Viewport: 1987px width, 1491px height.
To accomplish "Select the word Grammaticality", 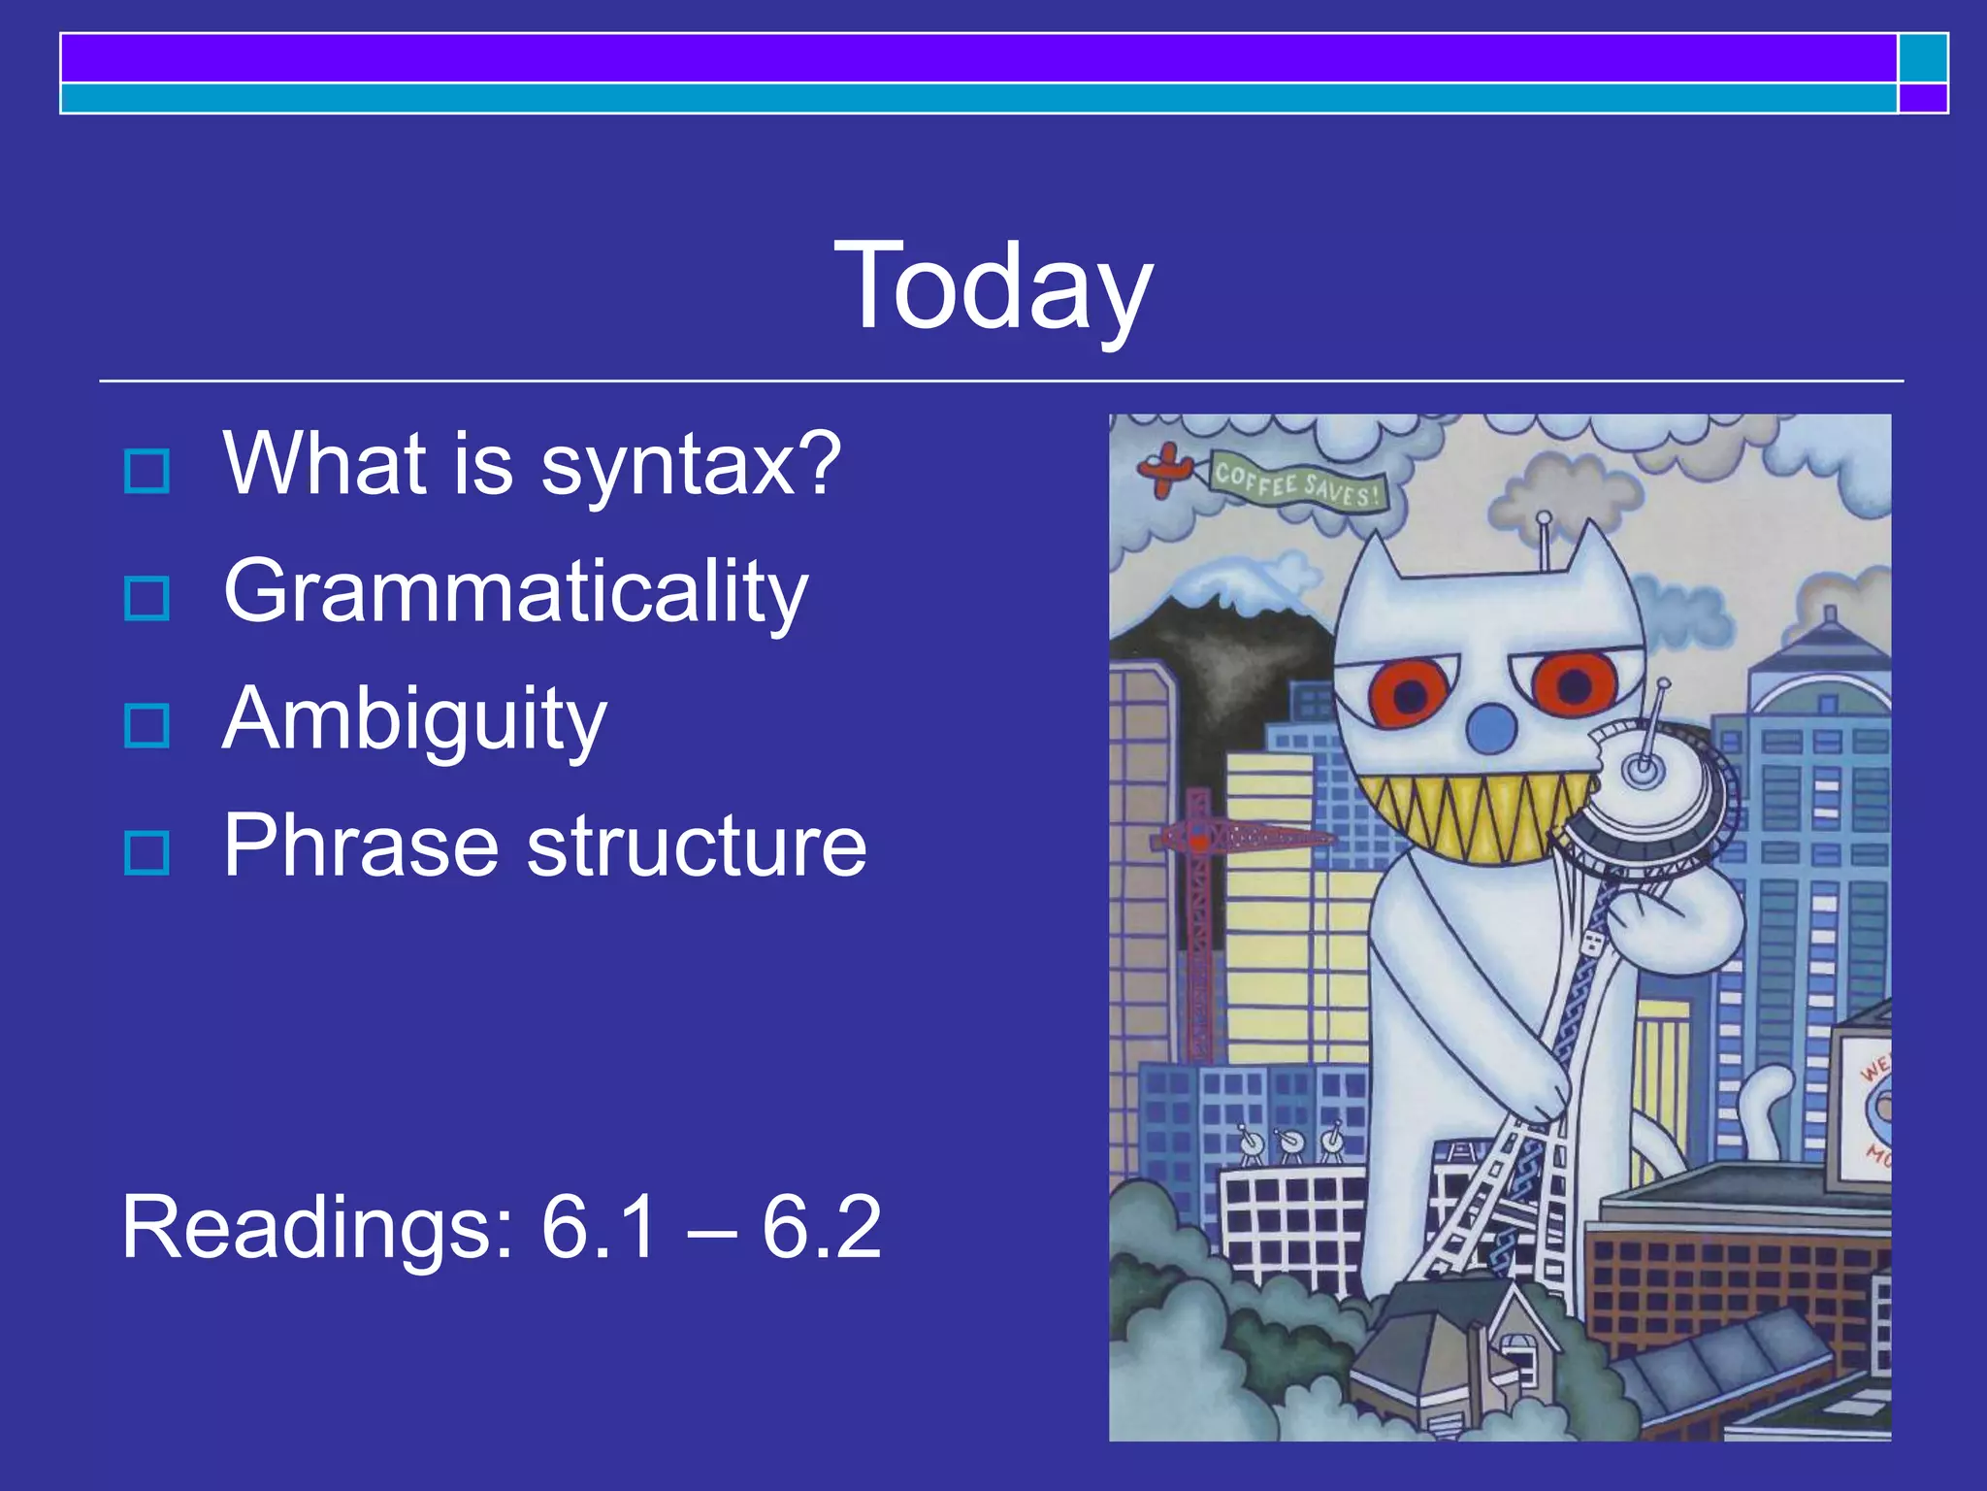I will click(515, 592).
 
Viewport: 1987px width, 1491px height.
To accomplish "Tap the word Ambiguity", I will click(414, 720).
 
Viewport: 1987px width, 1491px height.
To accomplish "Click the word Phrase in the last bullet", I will click(360, 846).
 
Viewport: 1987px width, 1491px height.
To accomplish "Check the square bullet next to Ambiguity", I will click(147, 725).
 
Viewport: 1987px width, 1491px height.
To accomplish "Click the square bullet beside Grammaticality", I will click(147, 598).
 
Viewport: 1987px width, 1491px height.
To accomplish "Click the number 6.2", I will click(821, 1229).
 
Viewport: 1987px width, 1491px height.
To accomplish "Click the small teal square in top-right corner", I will click(1922, 57).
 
